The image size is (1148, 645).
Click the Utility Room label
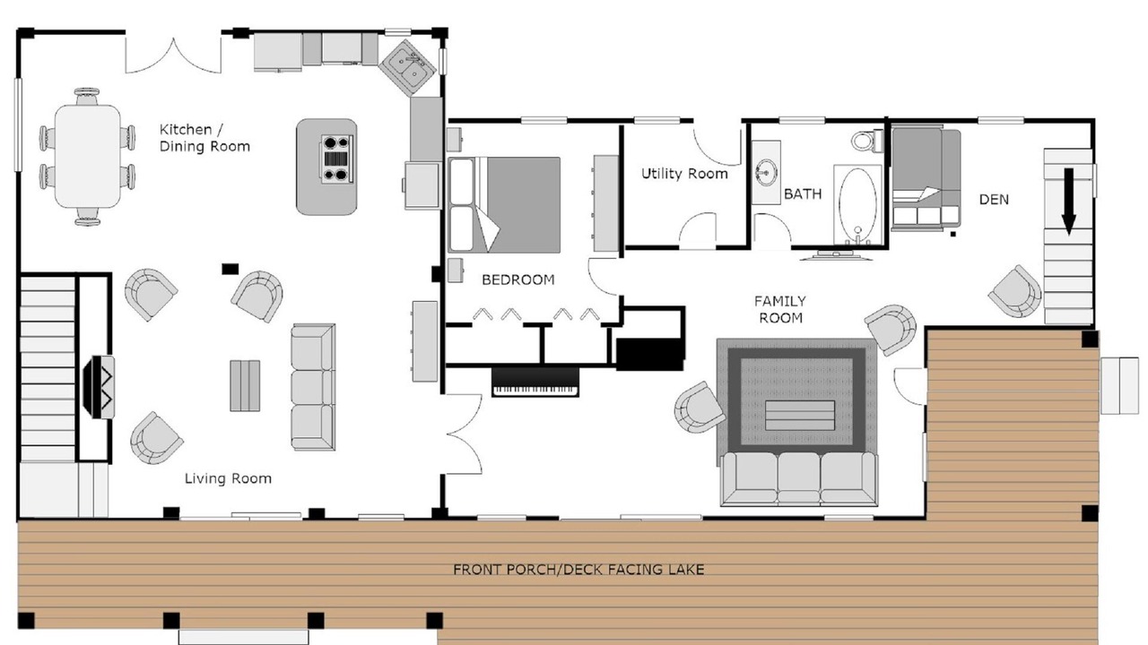tap(684, 174)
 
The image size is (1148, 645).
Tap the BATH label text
tap(803, 194)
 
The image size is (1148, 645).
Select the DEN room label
tap(994, 199)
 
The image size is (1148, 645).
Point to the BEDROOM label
tap(518, 279)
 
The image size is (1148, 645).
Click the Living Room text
tap(228, 478)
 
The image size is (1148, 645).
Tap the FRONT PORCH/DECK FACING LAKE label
tap(578, 569)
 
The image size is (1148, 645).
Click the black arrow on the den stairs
tap(1068, 202)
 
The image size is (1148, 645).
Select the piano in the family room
tap(535, 382)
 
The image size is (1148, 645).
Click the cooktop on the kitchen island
tap(336, 159)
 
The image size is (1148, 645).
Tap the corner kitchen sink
tap(408, 68)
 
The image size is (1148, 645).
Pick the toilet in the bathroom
tap(867, 140)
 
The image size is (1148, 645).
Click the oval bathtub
tap(857, 204)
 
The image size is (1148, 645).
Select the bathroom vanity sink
tap(766, 173)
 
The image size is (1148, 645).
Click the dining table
tap(88, 157)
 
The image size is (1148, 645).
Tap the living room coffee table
tap(245, 386)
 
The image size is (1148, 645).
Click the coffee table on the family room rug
tap(799, 415)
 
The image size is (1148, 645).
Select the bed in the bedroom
tap(504, 205)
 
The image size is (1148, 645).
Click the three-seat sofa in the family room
tap(799, 479)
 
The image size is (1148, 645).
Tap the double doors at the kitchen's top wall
tap(174, 55)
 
